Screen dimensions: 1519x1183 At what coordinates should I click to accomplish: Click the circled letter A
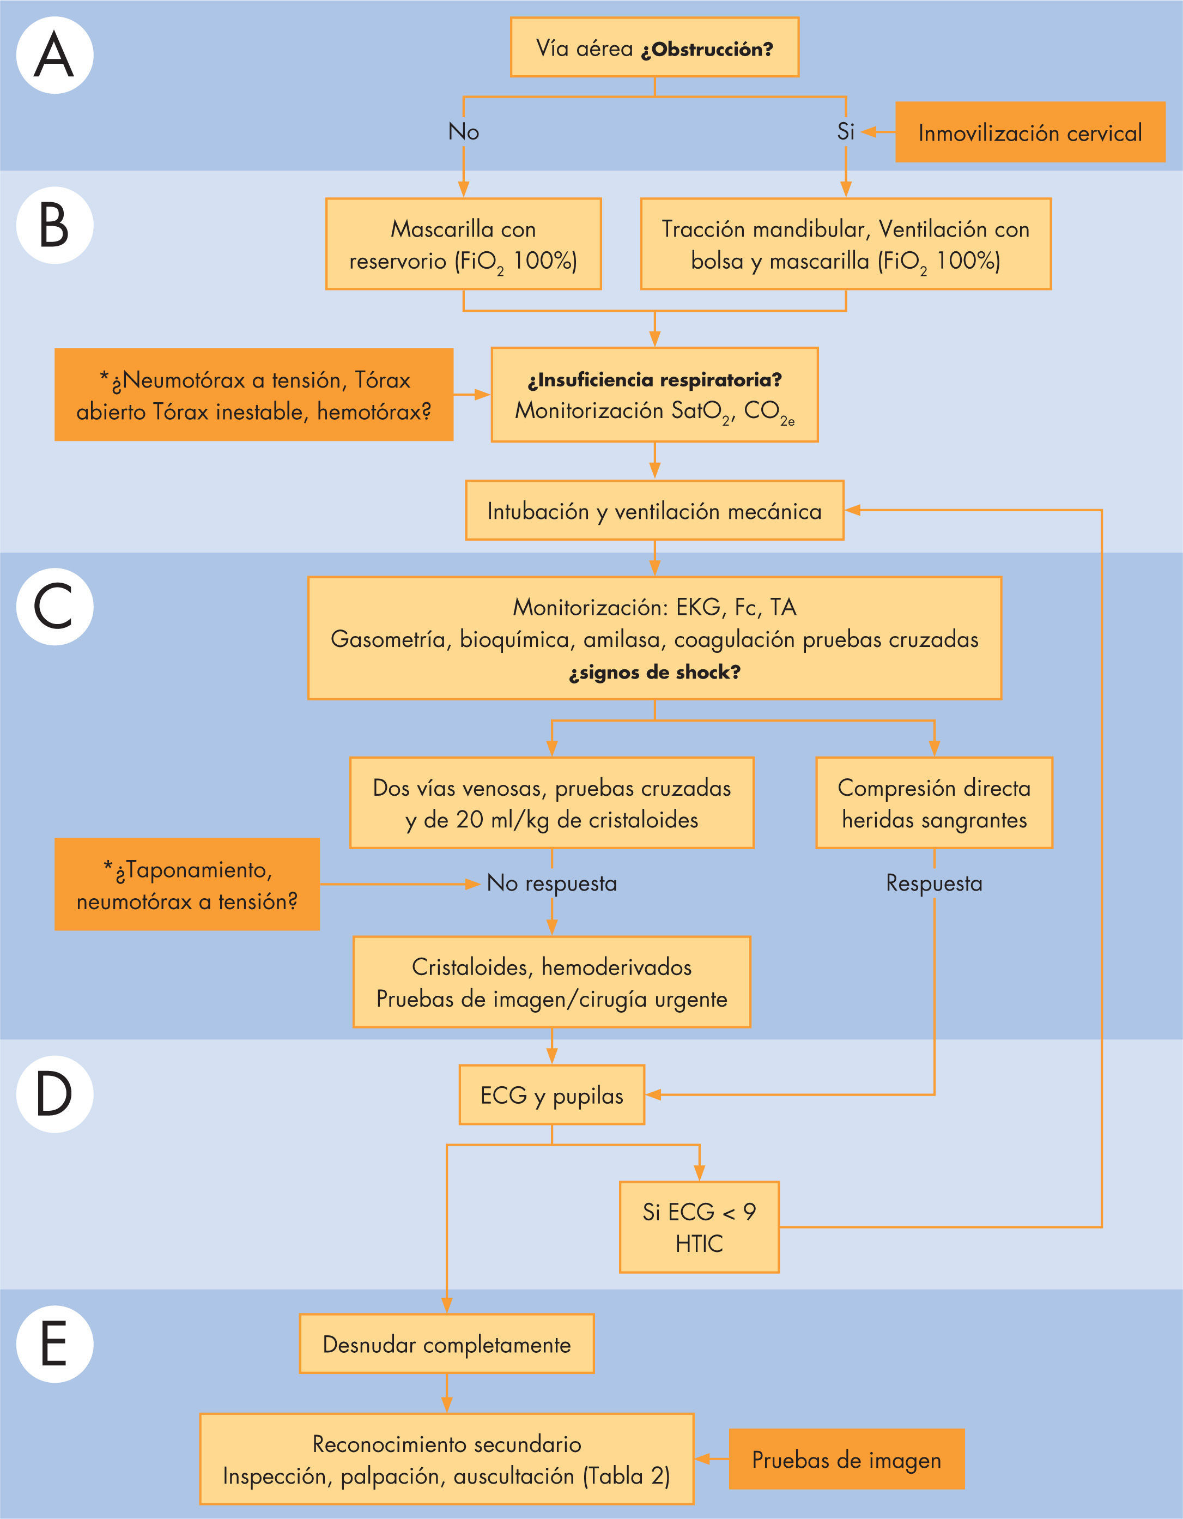[54, 56]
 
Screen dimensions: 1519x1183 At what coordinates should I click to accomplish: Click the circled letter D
[54, 1093]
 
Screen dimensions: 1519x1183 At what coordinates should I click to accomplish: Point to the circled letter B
[54, 225]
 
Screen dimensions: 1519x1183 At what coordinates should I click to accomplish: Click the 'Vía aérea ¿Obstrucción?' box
[654, 48]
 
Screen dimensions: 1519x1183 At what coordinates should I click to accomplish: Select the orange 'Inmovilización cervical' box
[1029, 132]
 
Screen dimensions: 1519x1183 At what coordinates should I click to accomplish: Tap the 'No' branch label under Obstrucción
[463, 131]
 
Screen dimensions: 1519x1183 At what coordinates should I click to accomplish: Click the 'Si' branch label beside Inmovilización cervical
[845, 131]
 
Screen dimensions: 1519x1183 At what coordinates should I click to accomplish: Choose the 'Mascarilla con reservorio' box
[463, 244]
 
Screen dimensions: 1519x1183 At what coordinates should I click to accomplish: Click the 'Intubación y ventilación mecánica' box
[654, 511]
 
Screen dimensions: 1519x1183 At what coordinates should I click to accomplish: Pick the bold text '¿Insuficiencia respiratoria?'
[654, 380]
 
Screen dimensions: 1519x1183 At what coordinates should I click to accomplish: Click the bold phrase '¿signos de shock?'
[654, 672]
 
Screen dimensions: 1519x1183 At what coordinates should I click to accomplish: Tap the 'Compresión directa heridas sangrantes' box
[934, 803]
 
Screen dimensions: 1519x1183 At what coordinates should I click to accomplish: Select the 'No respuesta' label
[551, 883]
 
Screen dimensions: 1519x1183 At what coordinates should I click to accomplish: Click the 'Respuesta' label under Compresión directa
[934, 883]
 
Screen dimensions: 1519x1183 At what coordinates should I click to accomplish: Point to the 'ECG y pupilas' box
[551, 1096]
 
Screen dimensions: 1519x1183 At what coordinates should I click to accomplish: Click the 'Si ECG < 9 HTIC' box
[699, 1227]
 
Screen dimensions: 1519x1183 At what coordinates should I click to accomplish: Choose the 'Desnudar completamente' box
[446, 1345]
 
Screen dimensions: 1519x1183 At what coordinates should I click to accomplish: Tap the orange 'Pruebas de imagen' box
[846, 1459]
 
